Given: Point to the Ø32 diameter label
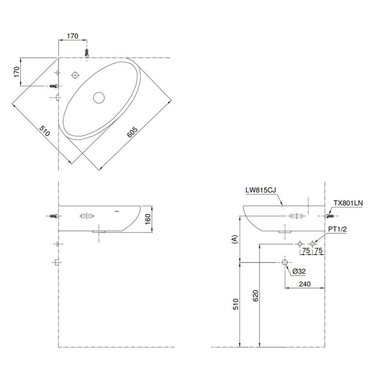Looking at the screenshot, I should (299, 271).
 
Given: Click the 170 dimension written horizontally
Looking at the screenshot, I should (72, 36).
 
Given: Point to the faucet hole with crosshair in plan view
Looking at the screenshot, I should (75, 75).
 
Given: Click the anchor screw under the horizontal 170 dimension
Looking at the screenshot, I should (86, 52).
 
